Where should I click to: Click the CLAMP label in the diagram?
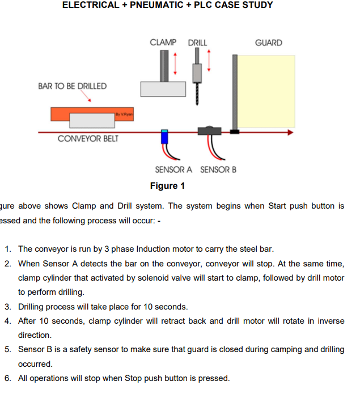(x=163, y=43)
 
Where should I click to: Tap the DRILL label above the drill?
(x=197, y=43)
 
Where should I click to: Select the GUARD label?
(x=268, y=43)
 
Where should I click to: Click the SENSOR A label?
(x=173, y=170)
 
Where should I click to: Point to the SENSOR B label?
(x=218, y=170)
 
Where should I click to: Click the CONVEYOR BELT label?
(x=88, y=139)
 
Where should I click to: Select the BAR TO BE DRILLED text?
(x=72, y=86)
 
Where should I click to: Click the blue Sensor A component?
(x=164, y=137)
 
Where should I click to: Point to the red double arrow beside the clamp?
(x=176, y=63)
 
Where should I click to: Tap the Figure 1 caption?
(x=167, y=186)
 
